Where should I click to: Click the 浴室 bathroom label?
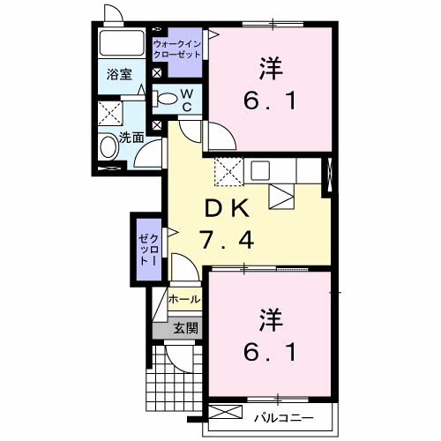pyautogui.click(x=121, y=74)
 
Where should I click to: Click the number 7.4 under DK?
pyautogui.click(x=231, y=238)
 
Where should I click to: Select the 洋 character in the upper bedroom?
pyautogui.click(x=271, y=67)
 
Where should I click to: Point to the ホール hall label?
pyautogui.click(x=184, y=300)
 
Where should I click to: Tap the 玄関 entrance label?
pyautogui.click(x=184, y=328)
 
